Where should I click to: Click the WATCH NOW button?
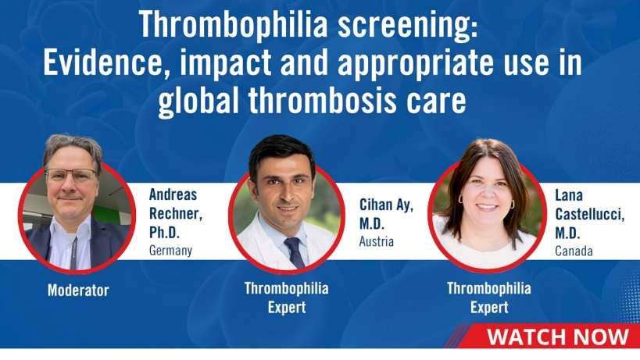pos(557,337)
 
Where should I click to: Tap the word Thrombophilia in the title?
pos(234,25)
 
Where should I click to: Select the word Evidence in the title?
pos(105,63)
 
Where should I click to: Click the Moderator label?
pos(78,290)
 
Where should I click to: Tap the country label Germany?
pos(170,250)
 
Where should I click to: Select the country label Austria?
pos(377,241)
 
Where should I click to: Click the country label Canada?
pos(574,251)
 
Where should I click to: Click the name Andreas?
pos(173,194)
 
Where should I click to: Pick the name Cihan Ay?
pos(386,205)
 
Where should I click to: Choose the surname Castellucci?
pos(589,214)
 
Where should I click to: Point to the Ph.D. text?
pos(164,232)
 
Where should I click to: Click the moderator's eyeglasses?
pos(71,175)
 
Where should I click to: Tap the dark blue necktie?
pos(295,253)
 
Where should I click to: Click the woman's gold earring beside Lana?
pos(513,204)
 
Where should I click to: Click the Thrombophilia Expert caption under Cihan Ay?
pos(287,298)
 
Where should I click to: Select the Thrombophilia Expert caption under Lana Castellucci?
pos(489,298)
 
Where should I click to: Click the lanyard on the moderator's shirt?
pos(74,253)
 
